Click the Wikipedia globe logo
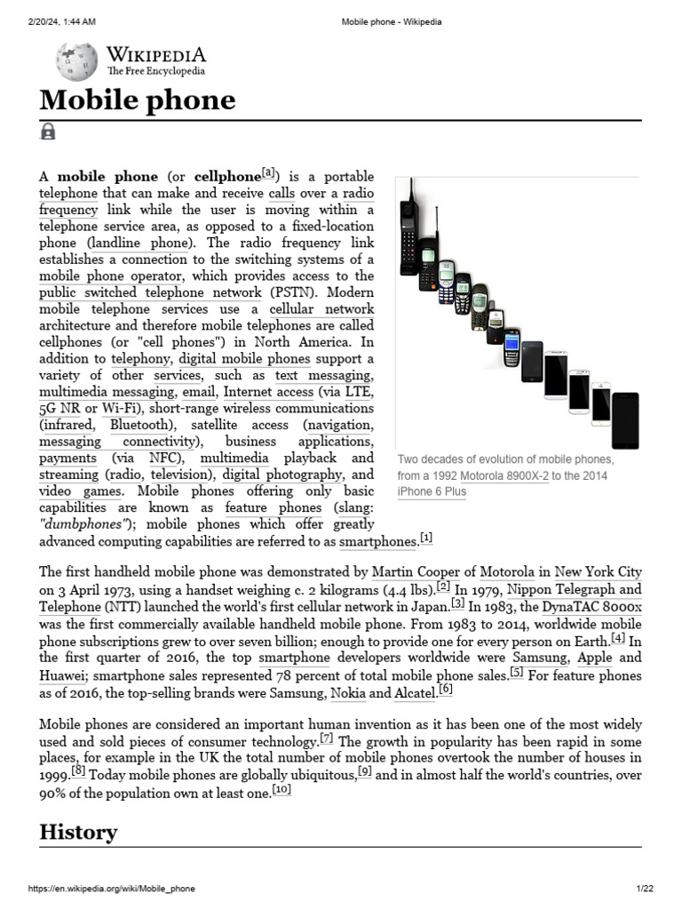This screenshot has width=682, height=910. click(76, 61)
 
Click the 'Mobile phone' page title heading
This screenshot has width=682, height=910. click(137, 100)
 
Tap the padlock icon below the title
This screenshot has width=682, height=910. click(48, 132)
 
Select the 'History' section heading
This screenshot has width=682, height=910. click(78, 832)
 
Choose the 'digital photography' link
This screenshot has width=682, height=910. click(282, 475)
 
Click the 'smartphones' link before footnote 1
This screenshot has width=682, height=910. click(377, 541)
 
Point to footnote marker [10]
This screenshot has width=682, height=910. click(282, 790)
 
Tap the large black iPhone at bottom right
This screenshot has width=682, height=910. click(625, 420)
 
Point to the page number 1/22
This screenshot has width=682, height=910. click(644, 889)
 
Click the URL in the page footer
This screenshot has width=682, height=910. click(112, 889)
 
